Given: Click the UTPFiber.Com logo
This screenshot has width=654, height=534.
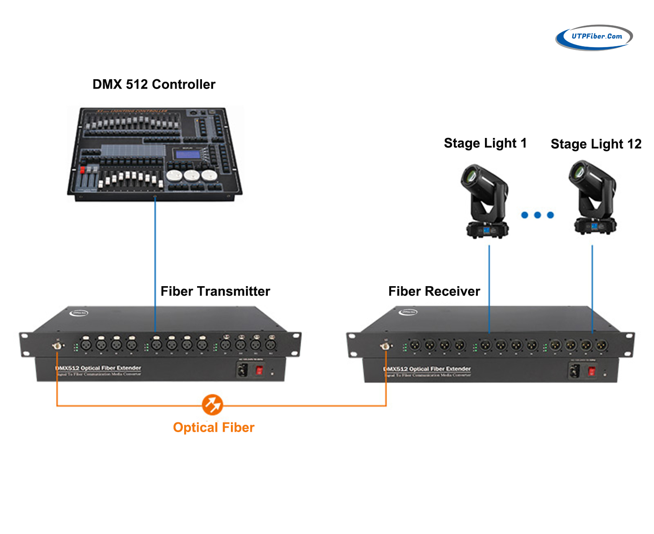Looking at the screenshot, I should (594, 37).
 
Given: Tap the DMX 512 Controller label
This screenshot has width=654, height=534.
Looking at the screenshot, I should (153, 85).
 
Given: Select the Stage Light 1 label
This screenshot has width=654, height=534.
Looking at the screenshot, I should (485, 143).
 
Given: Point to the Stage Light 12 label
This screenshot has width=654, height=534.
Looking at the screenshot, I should (596, 144).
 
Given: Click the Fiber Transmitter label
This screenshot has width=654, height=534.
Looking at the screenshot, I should (215, 291).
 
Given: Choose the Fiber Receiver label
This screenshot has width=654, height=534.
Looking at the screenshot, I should (434, 291).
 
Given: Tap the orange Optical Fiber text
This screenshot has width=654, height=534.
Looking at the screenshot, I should (214, 428).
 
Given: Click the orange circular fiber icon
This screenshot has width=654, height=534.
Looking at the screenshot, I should (212, 405).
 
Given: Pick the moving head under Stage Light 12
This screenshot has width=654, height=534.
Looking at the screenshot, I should (593, 198).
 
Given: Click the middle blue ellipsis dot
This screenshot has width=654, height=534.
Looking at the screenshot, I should (537, 215).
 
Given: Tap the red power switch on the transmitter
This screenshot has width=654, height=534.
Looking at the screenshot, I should (259, 370).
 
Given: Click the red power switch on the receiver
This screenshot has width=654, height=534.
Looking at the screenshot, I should (591, 371).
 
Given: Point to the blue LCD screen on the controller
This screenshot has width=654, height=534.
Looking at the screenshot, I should (188, 154).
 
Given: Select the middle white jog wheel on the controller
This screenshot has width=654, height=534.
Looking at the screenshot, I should (192, 175).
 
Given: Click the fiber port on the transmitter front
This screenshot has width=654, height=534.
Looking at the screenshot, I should (57, 346).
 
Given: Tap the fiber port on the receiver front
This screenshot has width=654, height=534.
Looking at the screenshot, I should (385, 346).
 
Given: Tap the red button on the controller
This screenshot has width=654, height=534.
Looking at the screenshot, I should (82, 170).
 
